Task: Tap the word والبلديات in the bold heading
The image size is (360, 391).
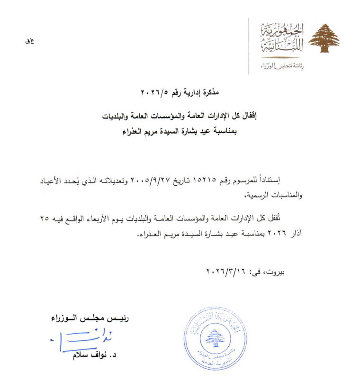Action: [x=119, y=115]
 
